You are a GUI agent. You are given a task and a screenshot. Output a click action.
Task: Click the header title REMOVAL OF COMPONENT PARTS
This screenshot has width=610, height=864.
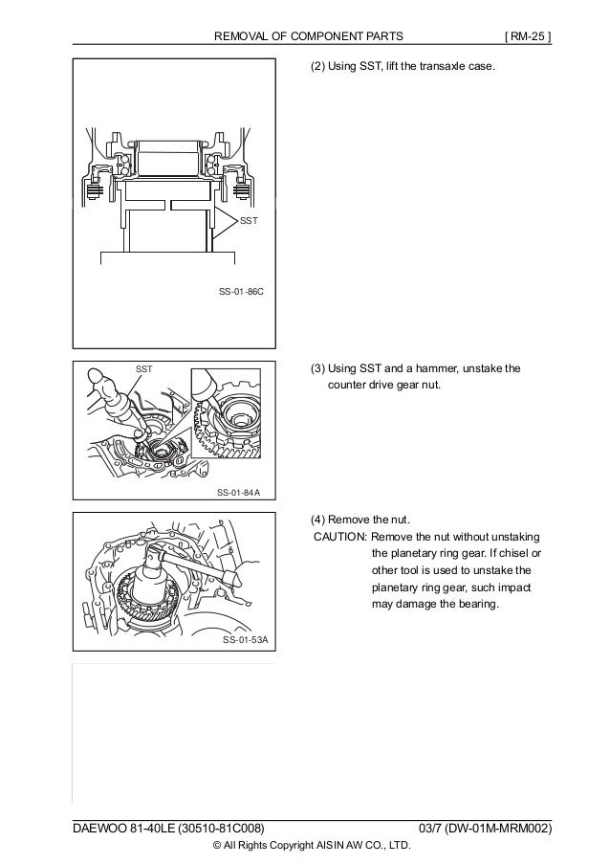pos(307,37)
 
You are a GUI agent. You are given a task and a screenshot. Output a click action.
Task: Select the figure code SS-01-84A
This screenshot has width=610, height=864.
pos(239,493)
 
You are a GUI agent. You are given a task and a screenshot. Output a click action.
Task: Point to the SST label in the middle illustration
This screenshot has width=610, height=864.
pos(144,368)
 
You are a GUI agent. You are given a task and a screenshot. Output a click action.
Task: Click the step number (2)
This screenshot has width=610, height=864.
pos(316,69)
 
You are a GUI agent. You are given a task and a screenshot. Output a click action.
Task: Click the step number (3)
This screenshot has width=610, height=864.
pos(316,368)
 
